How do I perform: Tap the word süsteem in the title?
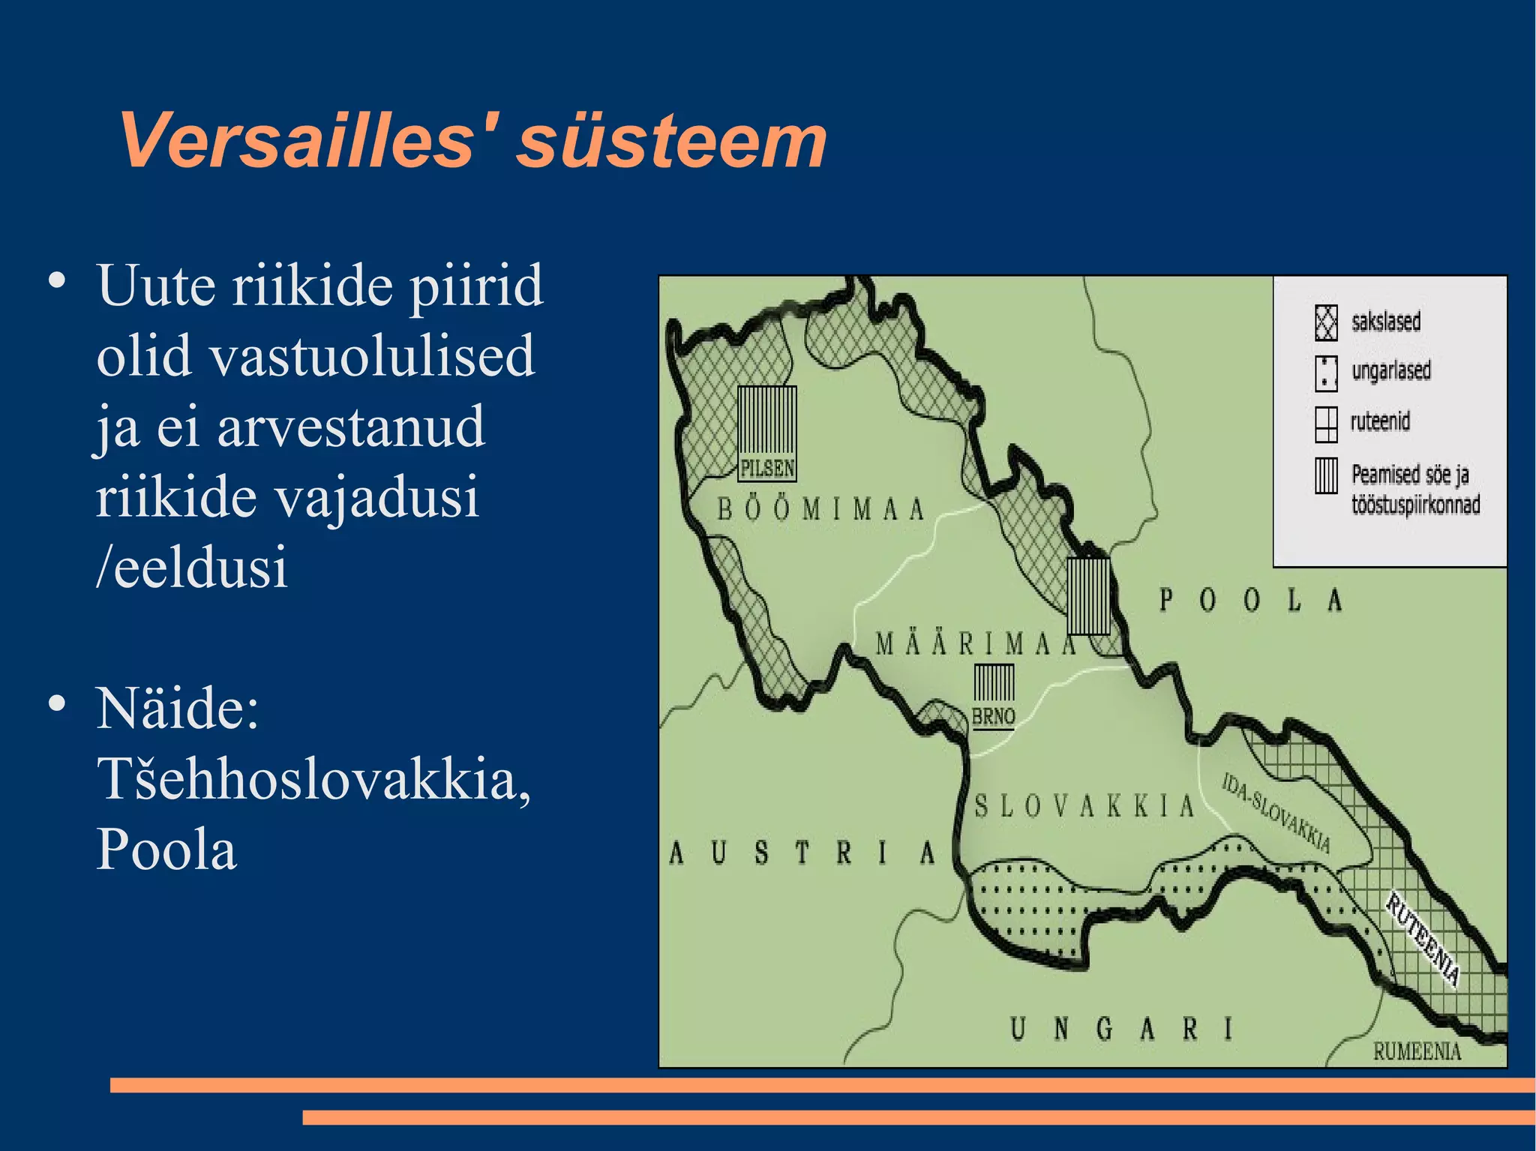click(x=672, y=141)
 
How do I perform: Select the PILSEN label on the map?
click(x=766, y=469)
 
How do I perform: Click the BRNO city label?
click(x=993, y=717)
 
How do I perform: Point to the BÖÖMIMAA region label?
click(x=820, y=510)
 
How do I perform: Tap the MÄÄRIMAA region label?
click(x=975, y=644)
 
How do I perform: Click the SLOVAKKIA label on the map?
click(x=1084, y=807)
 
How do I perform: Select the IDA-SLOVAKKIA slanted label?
click(x=1276, y=814)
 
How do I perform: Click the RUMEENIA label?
click(x=1417, y=1051)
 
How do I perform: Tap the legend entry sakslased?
click(x=1385, y=322)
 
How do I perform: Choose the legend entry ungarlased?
click(x=1390, y=370)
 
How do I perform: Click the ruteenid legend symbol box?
click(x=1326, y=424)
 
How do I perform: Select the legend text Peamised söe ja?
click(x=1409, y=475)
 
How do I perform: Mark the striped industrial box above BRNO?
click(x=994, y=683)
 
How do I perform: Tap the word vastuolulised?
click(x=372, y=355)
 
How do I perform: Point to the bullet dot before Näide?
click(x=56, y=704)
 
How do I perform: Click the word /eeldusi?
click(x=192, y=567)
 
